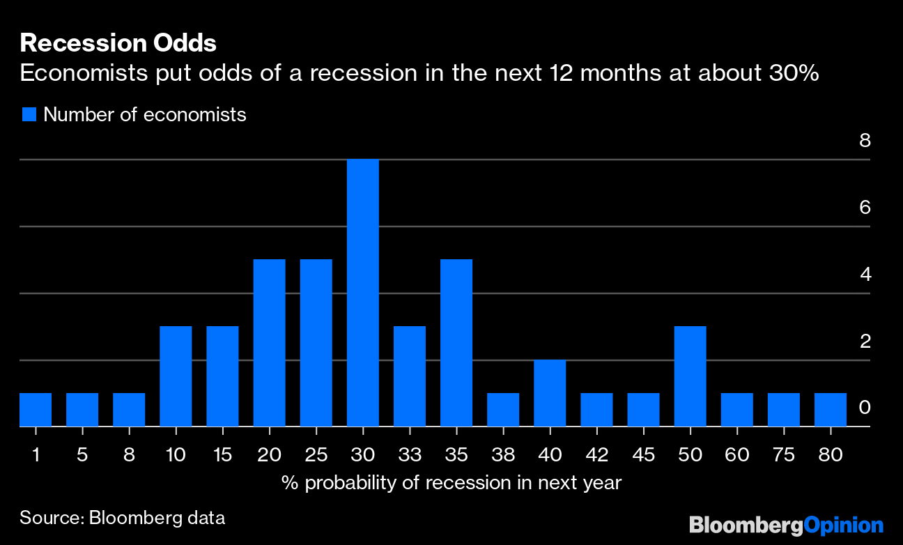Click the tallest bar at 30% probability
coord(362,293)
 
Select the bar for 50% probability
coord(690,376)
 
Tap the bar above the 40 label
coord(550,393)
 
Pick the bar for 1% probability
coord(36,410)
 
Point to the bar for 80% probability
coord(830,410)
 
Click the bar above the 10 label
coord(176,376)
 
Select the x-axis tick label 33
coord(410,455)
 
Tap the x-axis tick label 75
coord(783,455)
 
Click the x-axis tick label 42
coord(596,455)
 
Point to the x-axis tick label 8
coord(129,455)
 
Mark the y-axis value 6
coord(865,207)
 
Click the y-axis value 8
coord(865,140)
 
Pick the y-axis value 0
coord(865,408)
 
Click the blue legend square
coord(29,114)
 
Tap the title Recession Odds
coord(118,43)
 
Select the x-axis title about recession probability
coord(451,482)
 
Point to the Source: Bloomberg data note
coord(122,518)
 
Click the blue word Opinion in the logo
coord(843,524)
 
